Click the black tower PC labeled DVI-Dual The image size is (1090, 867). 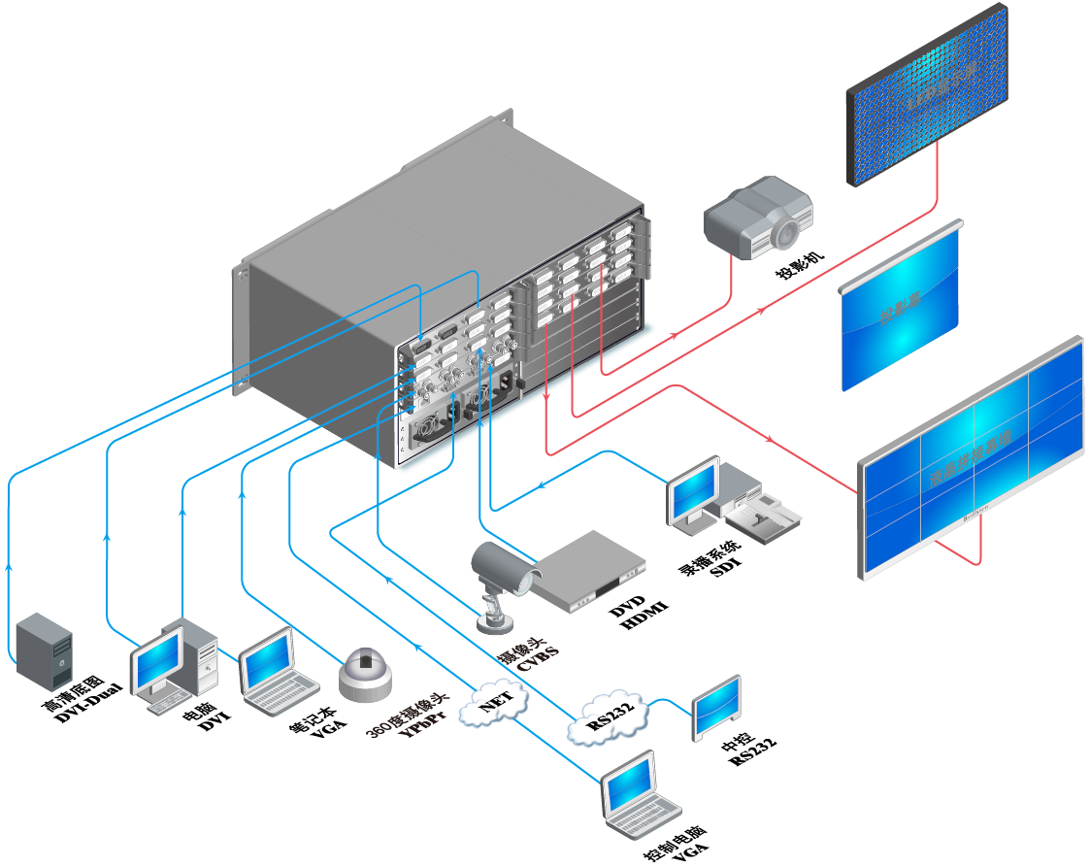pos(45,650)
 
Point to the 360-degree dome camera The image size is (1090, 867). pos(365,673)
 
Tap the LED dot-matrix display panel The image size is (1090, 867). pos(926,93)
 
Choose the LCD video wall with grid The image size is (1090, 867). pos(971,455)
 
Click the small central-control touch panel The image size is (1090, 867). pos(716,708)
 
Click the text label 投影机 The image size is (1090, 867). pos(799,264)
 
